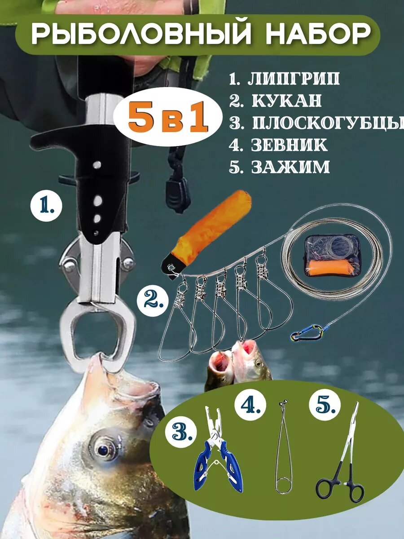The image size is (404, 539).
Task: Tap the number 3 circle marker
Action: click(182, 432)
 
